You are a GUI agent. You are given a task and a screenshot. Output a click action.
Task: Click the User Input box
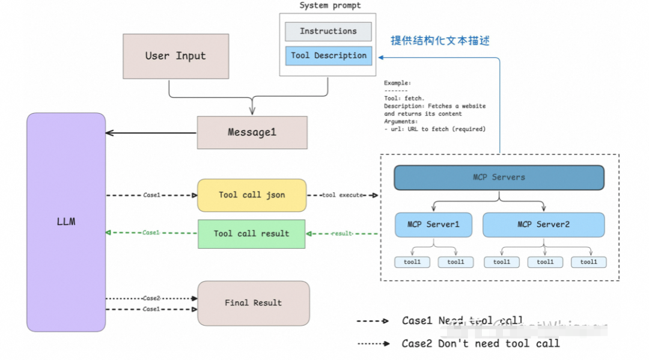[175, 56]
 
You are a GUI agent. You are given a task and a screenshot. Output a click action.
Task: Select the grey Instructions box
[328, 31]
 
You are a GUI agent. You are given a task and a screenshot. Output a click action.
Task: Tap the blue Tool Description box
[328, 56]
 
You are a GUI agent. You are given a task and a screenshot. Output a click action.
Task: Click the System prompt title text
[330, 5]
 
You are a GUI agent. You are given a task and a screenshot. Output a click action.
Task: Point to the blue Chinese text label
[440, 40]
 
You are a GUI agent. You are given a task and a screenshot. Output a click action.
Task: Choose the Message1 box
[252, 133]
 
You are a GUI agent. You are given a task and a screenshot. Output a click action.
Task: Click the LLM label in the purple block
[66, 222]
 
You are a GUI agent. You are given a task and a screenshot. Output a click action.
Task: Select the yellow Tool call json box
[251, 195]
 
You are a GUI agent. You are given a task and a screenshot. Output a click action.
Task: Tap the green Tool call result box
[251, 234]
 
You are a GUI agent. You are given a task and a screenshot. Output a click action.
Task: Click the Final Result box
[253, 303]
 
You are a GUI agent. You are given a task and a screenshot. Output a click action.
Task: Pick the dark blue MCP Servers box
[499, 177]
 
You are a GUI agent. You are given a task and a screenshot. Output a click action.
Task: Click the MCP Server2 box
[543, 225]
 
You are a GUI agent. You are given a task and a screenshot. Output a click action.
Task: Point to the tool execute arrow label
[343, 195]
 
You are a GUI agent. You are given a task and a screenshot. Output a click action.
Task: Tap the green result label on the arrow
[342, 233]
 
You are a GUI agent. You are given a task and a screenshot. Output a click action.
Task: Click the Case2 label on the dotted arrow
[151, 298]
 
